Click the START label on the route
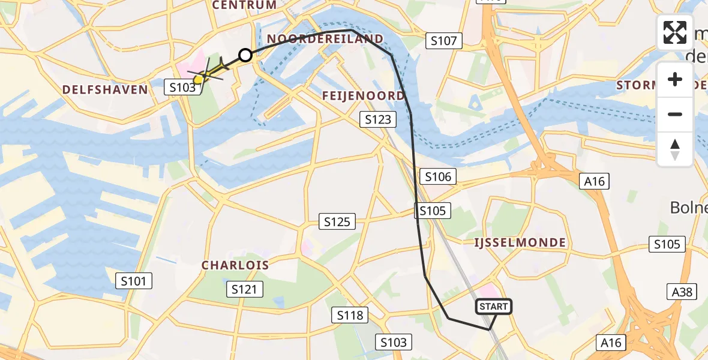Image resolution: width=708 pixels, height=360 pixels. (493, 307)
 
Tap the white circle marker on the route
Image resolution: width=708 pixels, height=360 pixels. (245, 56)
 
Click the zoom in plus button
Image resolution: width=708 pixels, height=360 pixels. (675, 80)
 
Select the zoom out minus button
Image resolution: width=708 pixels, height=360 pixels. (675, 114)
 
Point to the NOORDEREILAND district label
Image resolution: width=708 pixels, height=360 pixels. (325, 39)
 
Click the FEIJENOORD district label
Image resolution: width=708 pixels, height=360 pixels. (364, 95)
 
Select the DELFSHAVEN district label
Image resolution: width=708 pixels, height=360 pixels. (105, 89)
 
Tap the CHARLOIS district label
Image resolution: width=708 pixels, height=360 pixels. (235, 265)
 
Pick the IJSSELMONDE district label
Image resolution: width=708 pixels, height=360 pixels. (520, 242)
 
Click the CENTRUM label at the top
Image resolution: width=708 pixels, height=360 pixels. (244, 5)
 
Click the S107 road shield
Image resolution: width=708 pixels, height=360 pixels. (444, 41)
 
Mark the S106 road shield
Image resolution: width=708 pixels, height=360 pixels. (438, 176)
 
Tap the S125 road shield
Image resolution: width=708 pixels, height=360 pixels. (337, 222)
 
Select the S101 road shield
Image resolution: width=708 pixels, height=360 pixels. (134, 280)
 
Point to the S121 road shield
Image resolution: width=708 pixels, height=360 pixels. (245, 290)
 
